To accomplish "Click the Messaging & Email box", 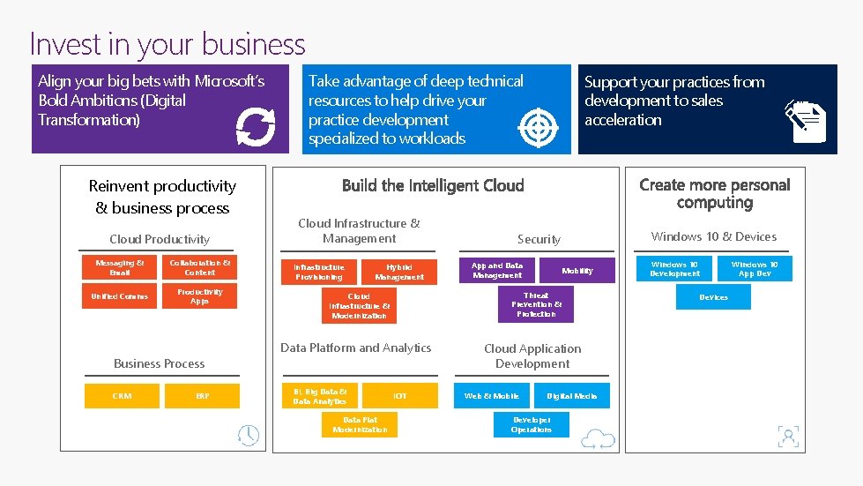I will (120, 268).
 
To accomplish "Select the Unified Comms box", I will (120, 296).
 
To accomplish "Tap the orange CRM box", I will (122, 396).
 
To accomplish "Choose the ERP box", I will (203, 396).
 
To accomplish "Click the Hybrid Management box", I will (398, 271).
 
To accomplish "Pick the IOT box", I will (400, 396).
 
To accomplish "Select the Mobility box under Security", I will (577, 270).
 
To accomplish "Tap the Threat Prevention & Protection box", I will (535, 304).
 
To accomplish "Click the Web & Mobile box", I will (492, 396).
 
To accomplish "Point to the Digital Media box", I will (572, 396).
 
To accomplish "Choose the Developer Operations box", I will (532, 424).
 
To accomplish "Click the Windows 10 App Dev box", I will (755, 268).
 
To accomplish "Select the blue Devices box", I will (713, 297).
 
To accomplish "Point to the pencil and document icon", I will (806, 122).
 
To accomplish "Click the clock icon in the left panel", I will (249, 435).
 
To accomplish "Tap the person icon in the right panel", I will (788, 436).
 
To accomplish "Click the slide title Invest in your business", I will (167, 44).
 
